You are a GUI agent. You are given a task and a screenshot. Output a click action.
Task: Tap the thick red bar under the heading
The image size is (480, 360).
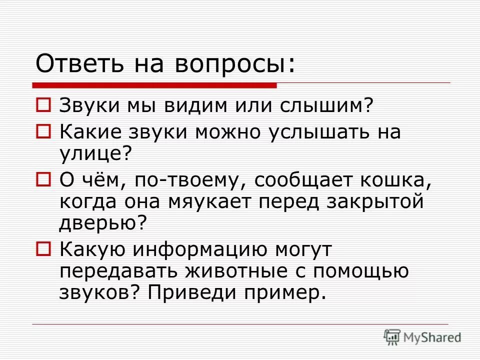(155, 85)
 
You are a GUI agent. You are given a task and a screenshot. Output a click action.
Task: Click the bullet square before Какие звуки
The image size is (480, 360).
(43, 131)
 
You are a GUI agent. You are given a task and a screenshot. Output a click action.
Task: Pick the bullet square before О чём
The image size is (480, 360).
(43, 178)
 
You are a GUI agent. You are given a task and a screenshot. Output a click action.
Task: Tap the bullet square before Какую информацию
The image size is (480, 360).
(43, 247)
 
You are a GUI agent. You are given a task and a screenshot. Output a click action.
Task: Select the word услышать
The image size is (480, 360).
(319, 132)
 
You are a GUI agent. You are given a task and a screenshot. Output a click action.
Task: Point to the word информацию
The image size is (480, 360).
(200, 248)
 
